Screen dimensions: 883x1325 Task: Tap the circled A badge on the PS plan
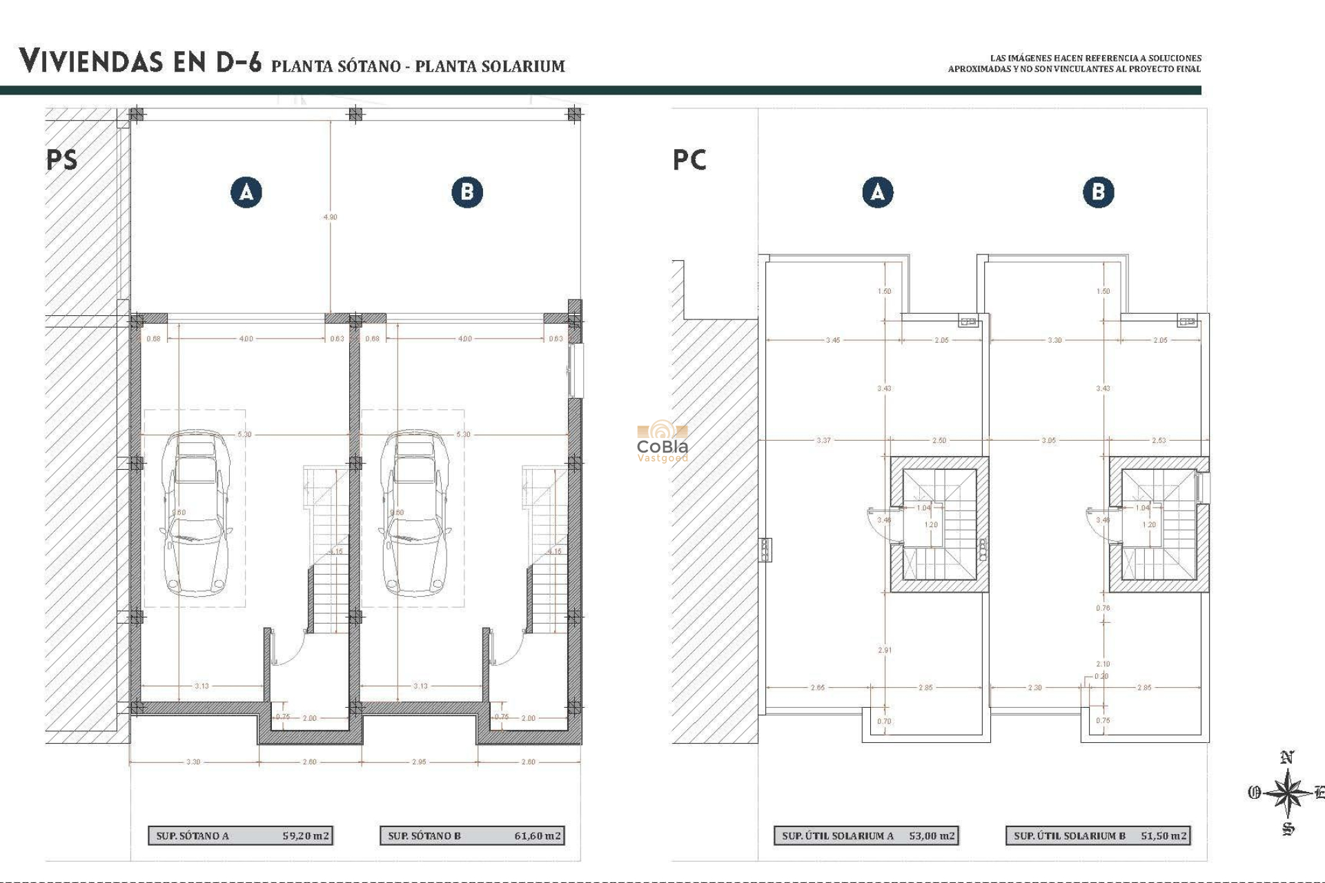[x=246, y=192]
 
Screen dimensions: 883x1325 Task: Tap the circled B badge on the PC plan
[x=1098, y=192]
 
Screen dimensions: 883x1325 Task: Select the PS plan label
[x=62, y=160]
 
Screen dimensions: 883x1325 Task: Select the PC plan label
[x=689, y=160]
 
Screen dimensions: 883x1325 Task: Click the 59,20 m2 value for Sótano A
[x=306, y=835]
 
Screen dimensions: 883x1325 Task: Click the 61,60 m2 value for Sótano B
[x=538, y=835]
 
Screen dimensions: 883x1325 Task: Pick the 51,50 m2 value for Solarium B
[x=1164, y=835]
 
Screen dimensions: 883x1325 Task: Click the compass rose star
[x=1287, y=793]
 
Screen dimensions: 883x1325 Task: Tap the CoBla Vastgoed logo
[x=662, y=442]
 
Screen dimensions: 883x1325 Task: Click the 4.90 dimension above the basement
[x=331, y=217]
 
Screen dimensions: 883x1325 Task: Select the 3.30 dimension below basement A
[x=193, y=762]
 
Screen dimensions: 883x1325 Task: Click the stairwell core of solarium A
[x=939, y=525]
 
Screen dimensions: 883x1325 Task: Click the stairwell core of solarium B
[x=1159, y=525]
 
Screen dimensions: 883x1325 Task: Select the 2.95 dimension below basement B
[x=419, y=762]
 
